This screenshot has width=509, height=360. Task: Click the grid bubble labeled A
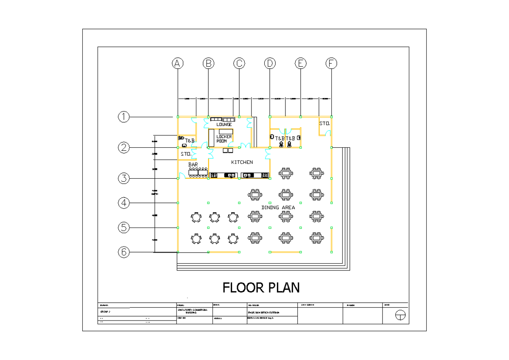(178, 63)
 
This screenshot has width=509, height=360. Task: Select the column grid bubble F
(331, 63)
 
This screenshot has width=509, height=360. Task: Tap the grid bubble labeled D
(270, 63)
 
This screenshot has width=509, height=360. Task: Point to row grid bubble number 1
(123, 117)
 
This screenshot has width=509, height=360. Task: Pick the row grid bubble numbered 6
(123, 252)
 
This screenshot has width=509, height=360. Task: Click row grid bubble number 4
(123, 203)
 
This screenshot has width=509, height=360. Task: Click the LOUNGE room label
(224, 125)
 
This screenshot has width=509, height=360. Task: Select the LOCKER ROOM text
(224, 139)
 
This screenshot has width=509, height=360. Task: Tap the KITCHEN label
(242, 162)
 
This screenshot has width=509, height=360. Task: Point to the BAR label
(193, 164)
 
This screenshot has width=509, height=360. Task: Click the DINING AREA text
(278, 208)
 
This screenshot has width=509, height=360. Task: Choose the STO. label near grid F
(324, 124)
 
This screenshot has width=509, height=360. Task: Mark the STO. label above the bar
(186, 154)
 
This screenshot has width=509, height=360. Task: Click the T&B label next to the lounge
(190, 141)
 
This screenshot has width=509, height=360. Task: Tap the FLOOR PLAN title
(261, 288)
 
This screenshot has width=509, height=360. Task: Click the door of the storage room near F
(327, 134)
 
